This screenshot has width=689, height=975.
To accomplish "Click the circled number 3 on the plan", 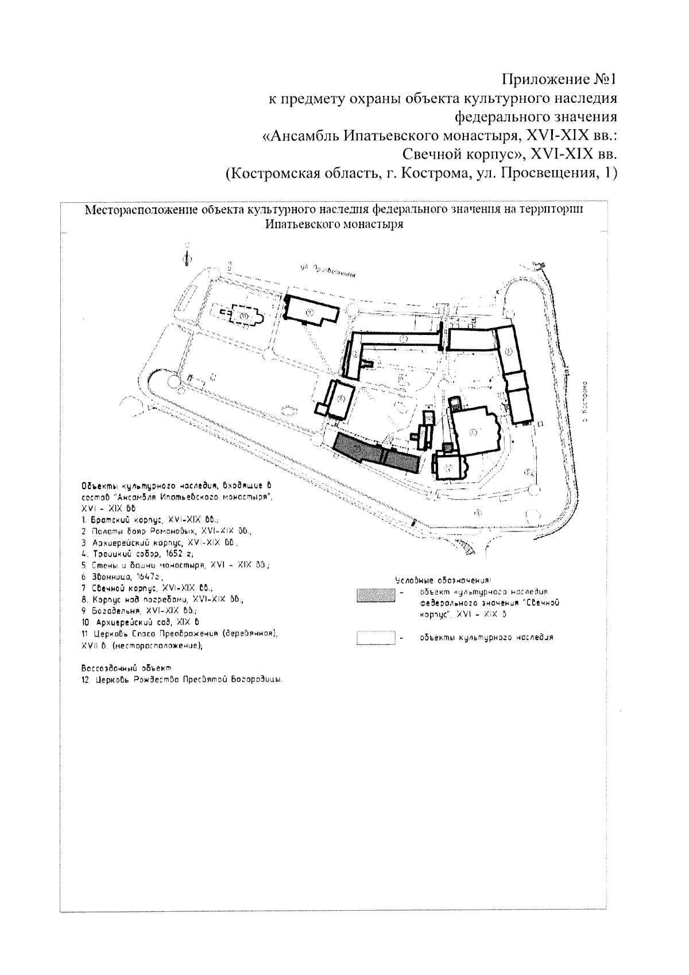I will click(509, 350).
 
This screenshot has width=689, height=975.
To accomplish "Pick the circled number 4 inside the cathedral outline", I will click(473, 433).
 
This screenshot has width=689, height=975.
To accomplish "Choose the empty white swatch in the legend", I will click(375, 638).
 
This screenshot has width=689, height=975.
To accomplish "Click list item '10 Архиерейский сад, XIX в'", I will click(141, 622).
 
